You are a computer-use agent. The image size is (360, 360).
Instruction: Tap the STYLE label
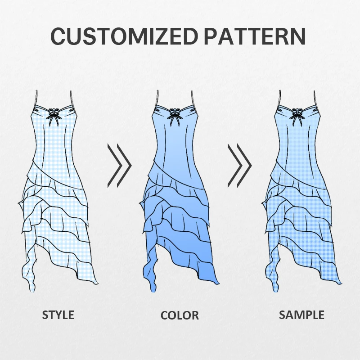58,315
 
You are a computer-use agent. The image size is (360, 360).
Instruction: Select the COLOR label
180,315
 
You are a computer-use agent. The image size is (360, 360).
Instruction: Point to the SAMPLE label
301,315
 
